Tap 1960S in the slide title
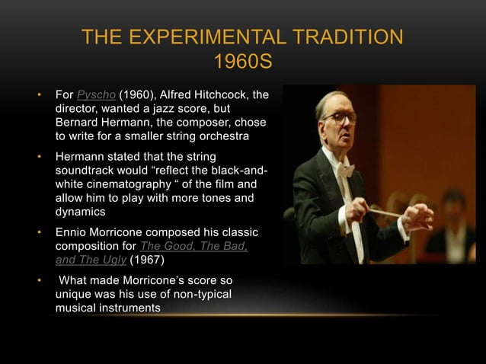click(x=243, y=60)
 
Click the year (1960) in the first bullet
click(x=136, y=97)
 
